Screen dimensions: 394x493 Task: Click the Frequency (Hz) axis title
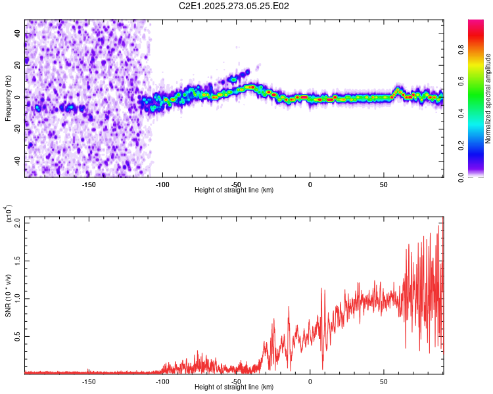[8, 98]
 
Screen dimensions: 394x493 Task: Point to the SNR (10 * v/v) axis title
[8, 295]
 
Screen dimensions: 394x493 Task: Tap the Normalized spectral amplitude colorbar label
[488, 98]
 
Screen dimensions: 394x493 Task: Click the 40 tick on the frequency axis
[18, 33]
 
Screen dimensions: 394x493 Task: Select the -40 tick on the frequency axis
[18, 161]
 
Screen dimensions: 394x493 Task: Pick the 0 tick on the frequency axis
[18, 97]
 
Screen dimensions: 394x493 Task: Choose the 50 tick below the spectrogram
[384, 185]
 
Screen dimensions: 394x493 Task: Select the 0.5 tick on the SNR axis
[18, 336]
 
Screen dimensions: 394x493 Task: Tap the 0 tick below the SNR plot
[310, 381]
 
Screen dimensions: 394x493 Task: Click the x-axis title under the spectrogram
[234, 190]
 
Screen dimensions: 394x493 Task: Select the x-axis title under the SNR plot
[234, 387]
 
